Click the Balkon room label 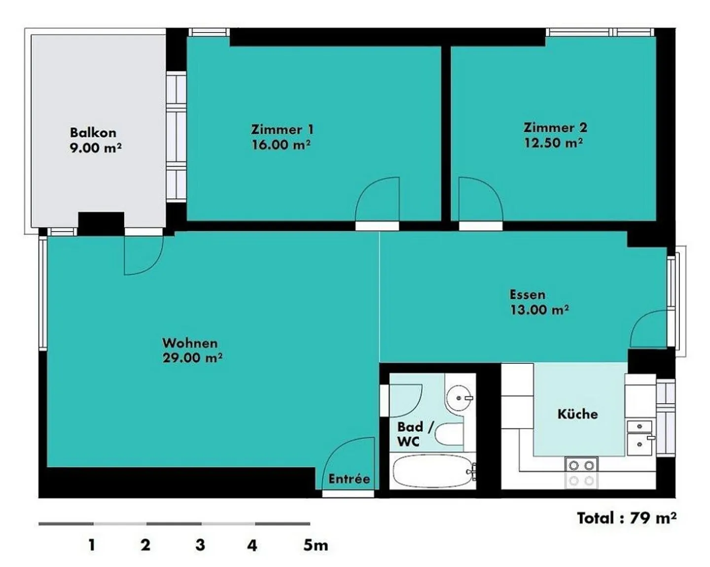coord(93,133)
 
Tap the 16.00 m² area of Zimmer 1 coord(281,144)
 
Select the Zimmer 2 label coord(555,128)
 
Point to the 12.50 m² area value coord(553,143)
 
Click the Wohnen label coord(190,343)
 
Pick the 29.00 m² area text coord(192,358)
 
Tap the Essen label coord(528,294)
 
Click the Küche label coord(578,414)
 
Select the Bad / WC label coord(415,434)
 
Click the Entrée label coord(350,479)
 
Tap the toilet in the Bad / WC coord(449,435)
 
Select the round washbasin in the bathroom coord(459,398)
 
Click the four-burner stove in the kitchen coord(581,473)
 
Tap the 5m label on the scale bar coord(316,546)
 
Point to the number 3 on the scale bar coord(200,546)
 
